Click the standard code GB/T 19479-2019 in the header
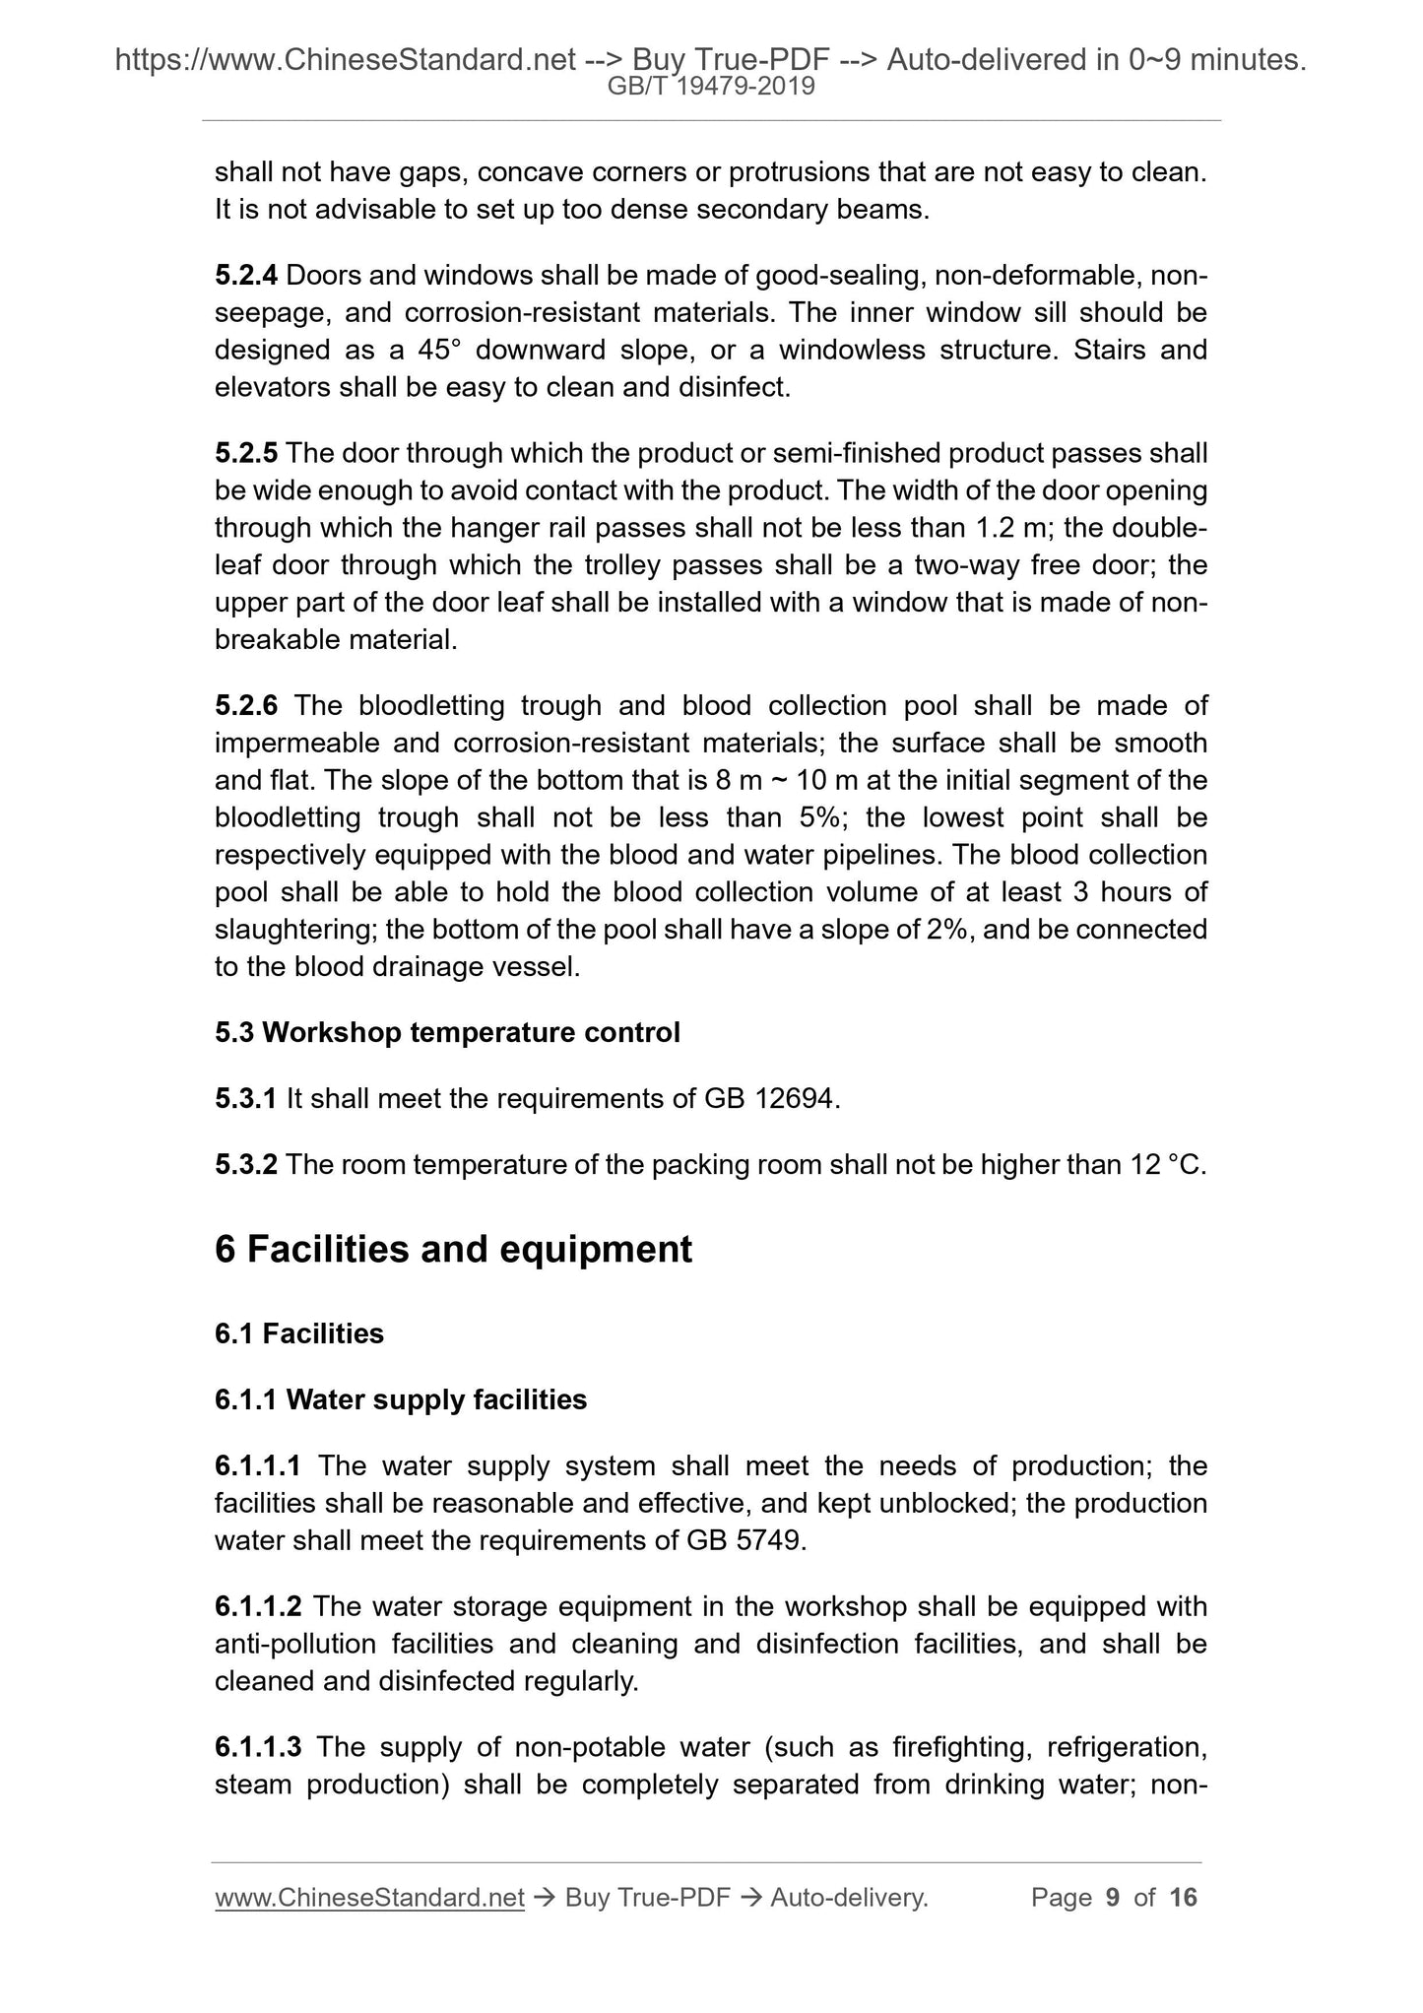point(711,87)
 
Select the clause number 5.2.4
point(246,276)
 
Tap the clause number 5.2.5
point(246,453)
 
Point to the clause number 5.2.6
point(246,705)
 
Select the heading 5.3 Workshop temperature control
point(447,1032)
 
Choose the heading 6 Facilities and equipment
point(453,1249)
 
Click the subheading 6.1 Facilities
point(299,1333)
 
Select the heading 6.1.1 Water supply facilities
point(401,1399)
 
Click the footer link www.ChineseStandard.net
point(369,1898)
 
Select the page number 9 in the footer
point(1113,1898)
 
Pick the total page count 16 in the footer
point(1183,1898)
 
